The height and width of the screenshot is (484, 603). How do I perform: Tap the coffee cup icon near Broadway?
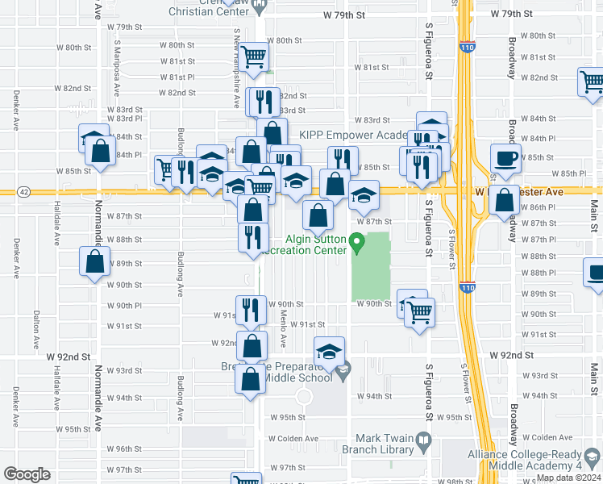505,158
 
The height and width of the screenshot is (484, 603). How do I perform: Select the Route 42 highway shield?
25,192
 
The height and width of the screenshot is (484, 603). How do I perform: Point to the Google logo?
27,474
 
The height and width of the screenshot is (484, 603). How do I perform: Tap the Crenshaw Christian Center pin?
258,7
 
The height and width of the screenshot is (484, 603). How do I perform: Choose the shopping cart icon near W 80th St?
254,56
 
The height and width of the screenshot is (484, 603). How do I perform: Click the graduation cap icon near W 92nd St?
329,352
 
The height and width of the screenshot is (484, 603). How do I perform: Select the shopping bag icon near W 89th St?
95,261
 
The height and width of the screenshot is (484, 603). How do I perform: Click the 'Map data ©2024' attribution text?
568,478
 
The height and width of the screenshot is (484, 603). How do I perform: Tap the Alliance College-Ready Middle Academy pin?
593,458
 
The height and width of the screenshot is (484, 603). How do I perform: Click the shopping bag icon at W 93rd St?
251,378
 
